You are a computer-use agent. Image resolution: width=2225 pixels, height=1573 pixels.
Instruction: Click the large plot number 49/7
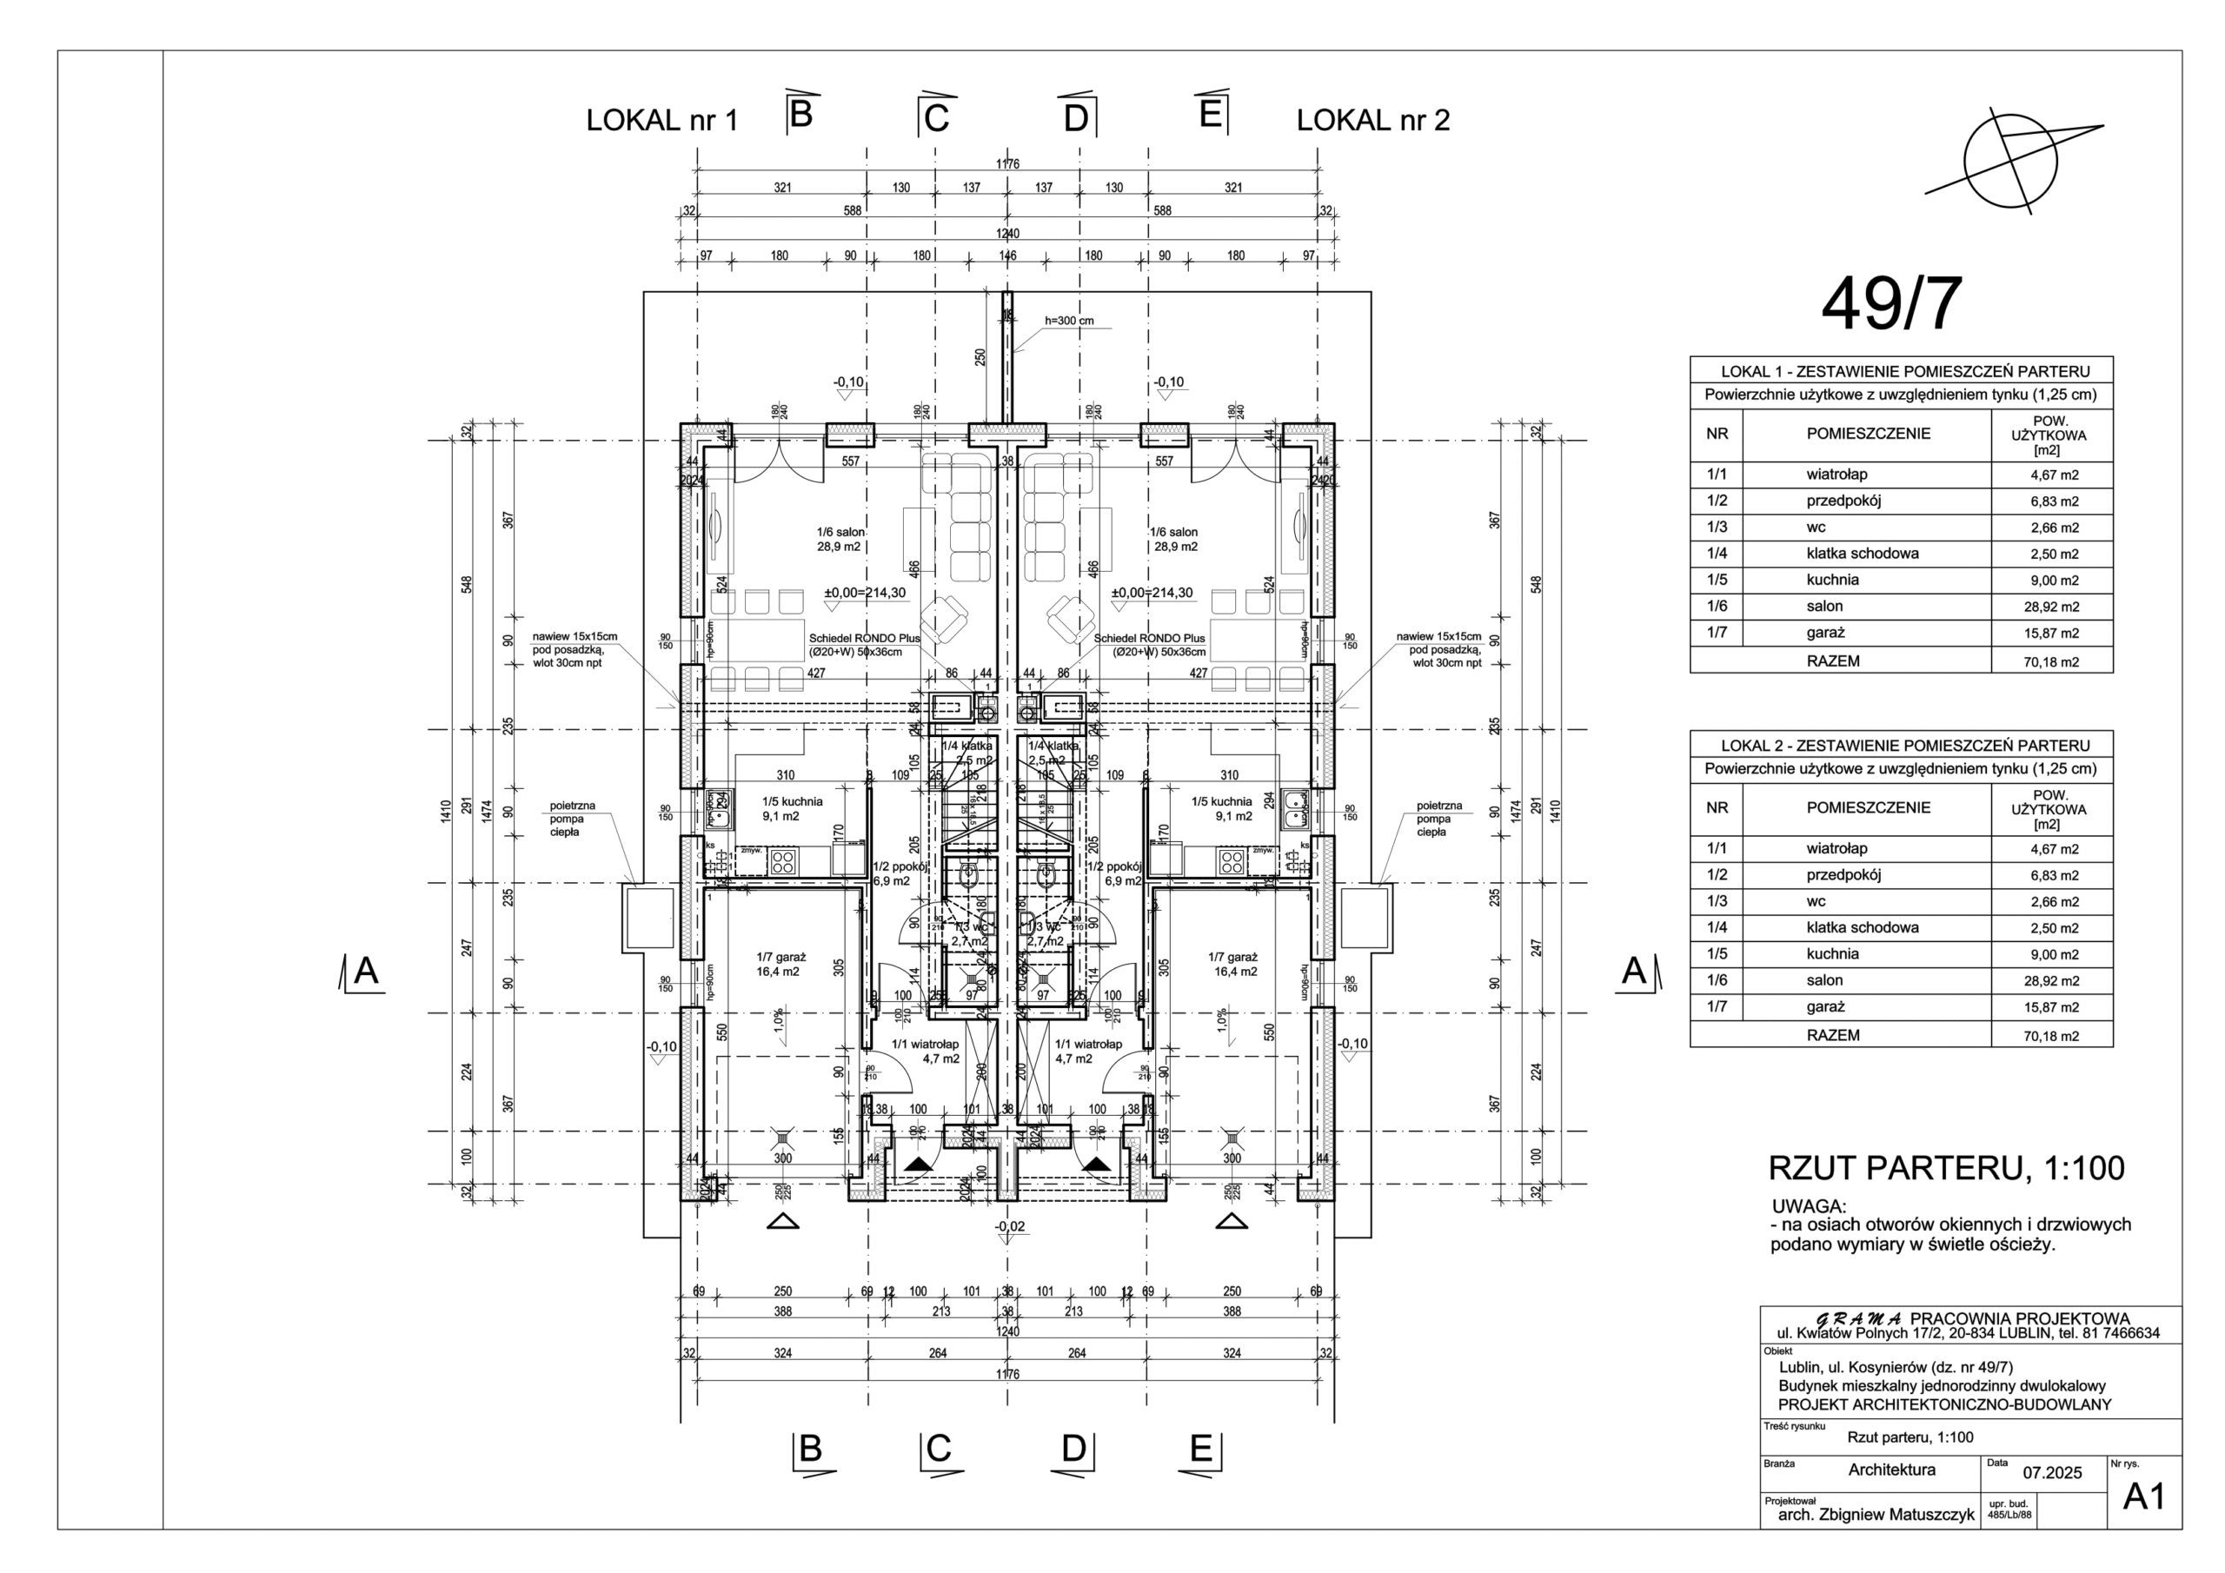(x=1890, y=304)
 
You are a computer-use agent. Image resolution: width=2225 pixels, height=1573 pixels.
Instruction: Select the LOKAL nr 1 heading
(x=662, y=121)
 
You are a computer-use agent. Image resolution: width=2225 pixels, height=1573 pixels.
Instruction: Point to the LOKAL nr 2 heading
(x=1372, y=121)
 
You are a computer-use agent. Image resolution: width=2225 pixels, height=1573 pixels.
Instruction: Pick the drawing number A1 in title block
(x=2143, y=1497)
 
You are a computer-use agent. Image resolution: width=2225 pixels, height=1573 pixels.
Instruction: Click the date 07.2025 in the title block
(x=2053, y=1473)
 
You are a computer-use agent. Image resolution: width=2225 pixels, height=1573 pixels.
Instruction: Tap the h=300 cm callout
(x=1069, y=321)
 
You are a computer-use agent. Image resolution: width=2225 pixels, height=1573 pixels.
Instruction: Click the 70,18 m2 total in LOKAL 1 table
(x=2050, y=662)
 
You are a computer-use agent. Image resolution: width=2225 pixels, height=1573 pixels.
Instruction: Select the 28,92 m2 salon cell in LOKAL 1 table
(x=2050, y=607)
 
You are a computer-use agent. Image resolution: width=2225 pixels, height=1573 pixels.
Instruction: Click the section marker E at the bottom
(x=1200, y=1450)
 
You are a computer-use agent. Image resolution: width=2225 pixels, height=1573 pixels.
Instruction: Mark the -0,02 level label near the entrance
(x=1009, y=1227)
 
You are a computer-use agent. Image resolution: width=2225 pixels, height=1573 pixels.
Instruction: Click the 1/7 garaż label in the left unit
(x=781, y=964)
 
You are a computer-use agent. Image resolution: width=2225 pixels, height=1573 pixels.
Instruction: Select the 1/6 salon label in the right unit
(x=1172, y=539)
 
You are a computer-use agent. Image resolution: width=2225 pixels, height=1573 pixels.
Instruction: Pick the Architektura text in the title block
(x=1890, y=1470)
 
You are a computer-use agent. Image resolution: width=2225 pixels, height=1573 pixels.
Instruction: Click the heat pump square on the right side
(x=1365, y=919)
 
